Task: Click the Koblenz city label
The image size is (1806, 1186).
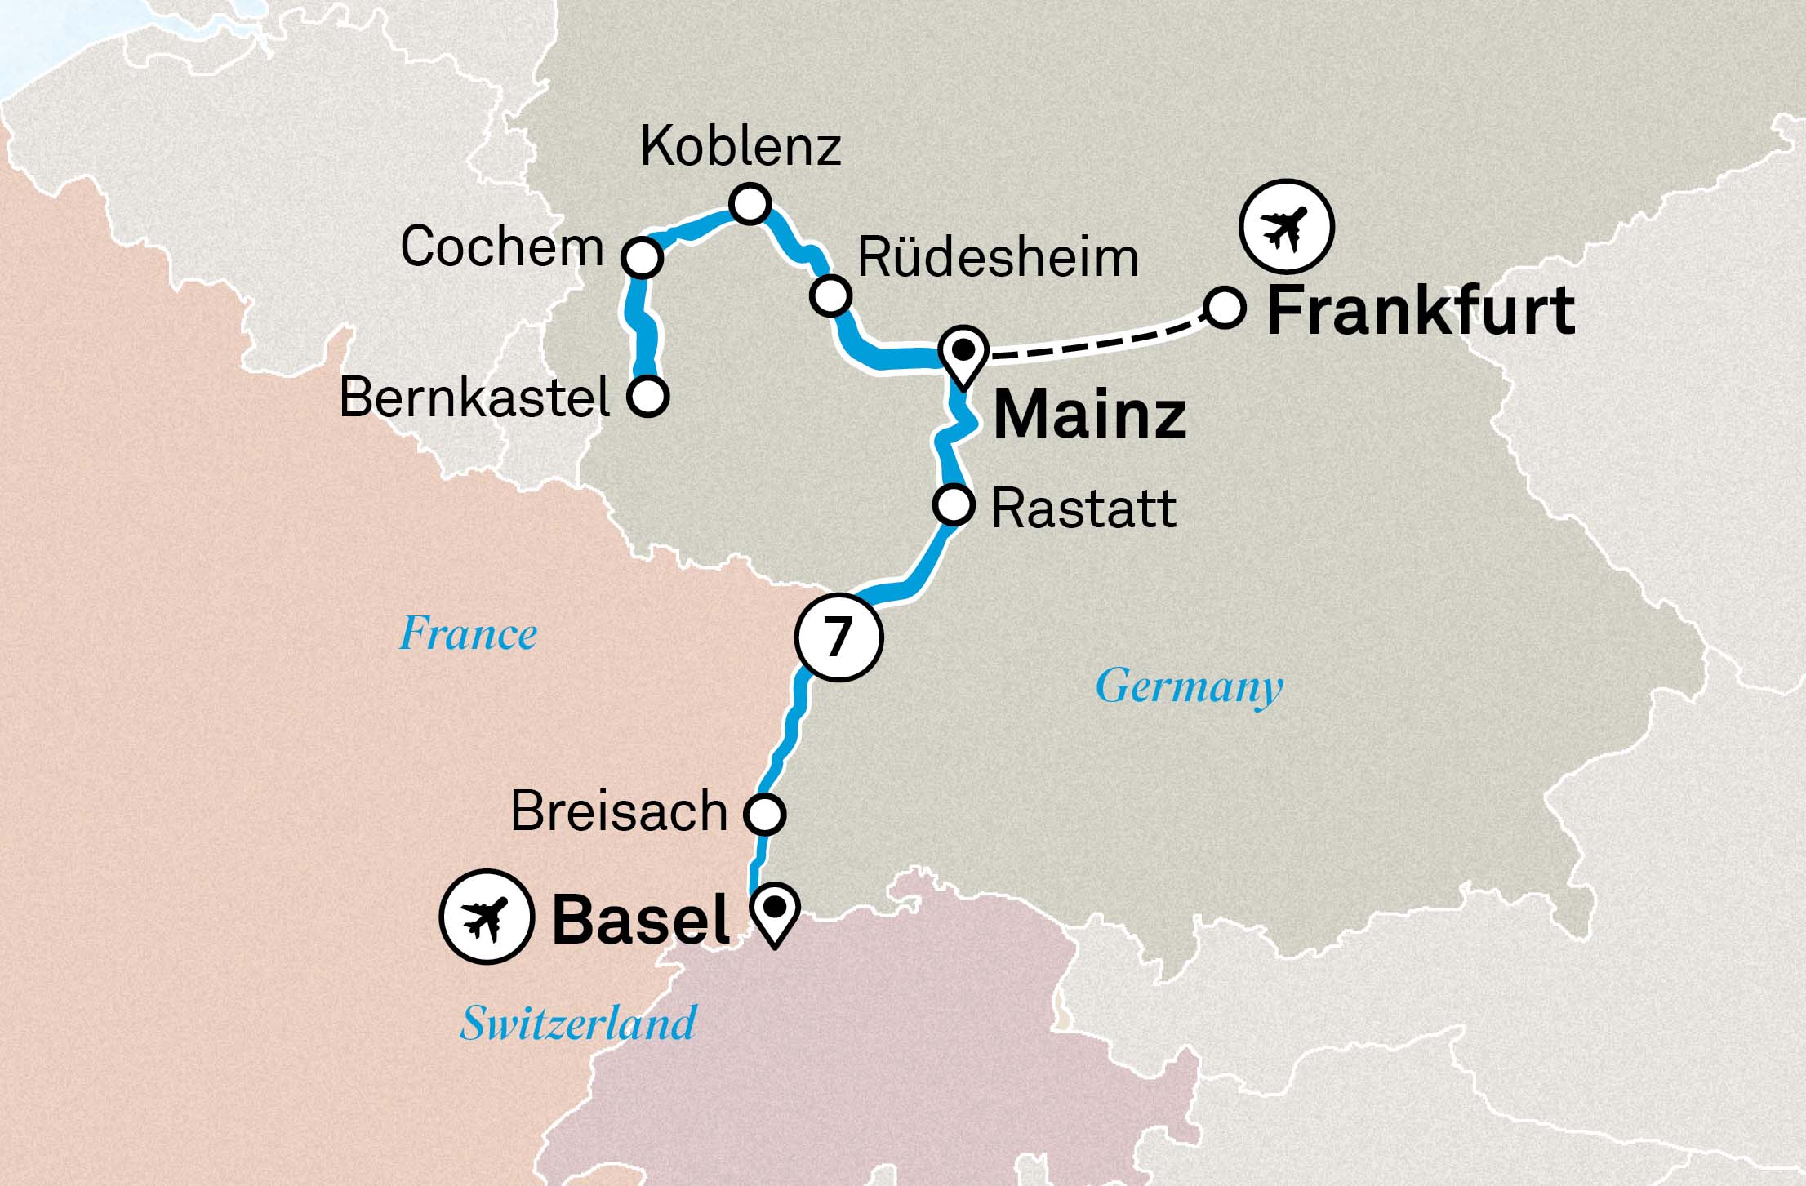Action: [x=740, y=147]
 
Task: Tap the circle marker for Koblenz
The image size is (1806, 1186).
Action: [x=750, y=203]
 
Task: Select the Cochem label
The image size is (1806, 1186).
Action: [x=501, y=247]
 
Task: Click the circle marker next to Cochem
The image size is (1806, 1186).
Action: [x=642, y=258]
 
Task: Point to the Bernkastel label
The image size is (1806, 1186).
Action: [x=474, y=398]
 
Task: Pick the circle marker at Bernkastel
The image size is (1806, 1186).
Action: [x=648, y=396]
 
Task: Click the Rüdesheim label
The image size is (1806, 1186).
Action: [x=998, y=258]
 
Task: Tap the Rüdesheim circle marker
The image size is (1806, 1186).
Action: [x=831, y=295]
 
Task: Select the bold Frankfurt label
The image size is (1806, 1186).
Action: [x=1420, y=311]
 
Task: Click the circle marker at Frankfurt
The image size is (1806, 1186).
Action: [x=1224, y=309]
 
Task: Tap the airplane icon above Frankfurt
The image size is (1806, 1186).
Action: [x=1286, y=226]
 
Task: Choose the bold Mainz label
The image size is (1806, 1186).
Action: [x=1089, y=415]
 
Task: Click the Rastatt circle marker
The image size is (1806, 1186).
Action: [x=954, y=504]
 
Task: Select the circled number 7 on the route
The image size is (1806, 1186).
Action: [x=838, y=637]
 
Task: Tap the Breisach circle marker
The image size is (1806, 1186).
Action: [x=765, y=813]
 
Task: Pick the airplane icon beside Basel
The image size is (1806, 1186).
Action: [x=487, y=917]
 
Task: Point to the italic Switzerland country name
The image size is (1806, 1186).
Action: [x=578, y=1024]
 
